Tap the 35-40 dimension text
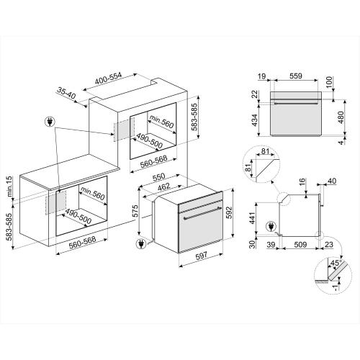point(67,94)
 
